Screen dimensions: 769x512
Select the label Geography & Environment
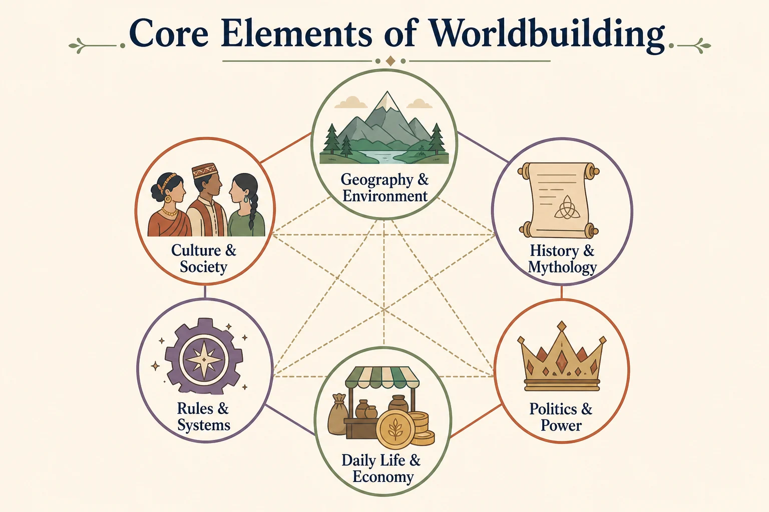[384, 188]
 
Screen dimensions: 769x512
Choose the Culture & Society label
[204, 258]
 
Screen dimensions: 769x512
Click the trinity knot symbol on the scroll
[567, 207]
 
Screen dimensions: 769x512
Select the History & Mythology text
[562, 259]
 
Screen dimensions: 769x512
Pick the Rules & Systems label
[203, 416]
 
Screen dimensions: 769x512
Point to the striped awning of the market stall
[382, 377]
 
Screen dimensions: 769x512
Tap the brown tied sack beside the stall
[338, 414]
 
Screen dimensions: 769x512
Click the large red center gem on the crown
[562, 362]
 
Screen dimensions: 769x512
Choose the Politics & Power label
[561, 417]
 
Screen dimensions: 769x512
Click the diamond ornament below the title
[391, 61]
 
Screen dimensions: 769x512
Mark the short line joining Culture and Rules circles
[205, 291]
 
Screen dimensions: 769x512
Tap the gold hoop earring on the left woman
[168, 199]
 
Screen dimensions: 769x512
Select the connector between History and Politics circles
[562, 292]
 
